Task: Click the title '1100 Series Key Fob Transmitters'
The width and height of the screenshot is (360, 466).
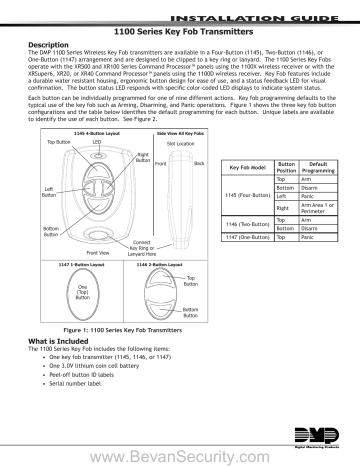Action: (x=180, y=33)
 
